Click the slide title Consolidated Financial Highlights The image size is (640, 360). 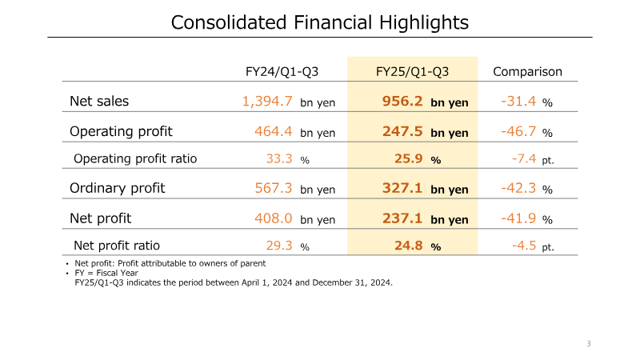(320, 22)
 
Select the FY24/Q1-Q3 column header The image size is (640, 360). (282, 72)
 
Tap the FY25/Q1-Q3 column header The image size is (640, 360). (412, 72)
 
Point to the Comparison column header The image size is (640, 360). (527, 72)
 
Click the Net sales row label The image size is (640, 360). (99, 102)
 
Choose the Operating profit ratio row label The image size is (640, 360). (135, 158)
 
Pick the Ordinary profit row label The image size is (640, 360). (118, 188)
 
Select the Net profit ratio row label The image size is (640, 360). (117, 246)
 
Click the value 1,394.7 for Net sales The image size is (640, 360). (266, 102)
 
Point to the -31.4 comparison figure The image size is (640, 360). (518, 102)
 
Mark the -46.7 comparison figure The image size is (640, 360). (518, 131)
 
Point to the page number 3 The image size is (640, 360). (589, 344)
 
